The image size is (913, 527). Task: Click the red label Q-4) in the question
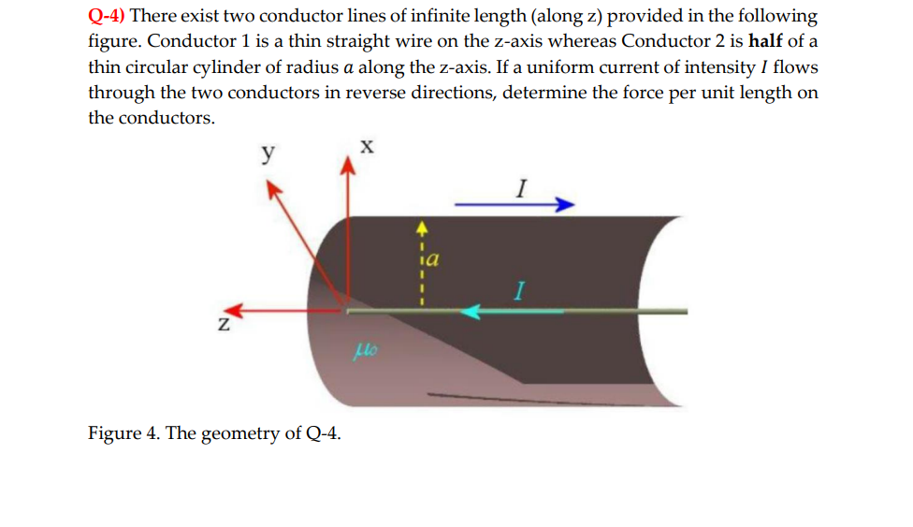(108, 17)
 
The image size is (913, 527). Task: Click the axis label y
(268, 152)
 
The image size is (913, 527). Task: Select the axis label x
(367, 146)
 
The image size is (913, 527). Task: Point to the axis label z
(223, 325)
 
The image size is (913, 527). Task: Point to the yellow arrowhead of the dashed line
(421, 226)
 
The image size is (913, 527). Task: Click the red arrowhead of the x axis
(348, 166)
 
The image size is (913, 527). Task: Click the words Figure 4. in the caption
(123, 433)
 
